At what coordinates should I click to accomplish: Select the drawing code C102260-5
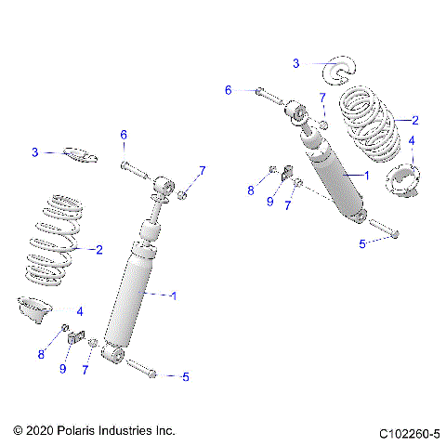(409, 433)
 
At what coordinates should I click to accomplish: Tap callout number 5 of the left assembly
(186, 376)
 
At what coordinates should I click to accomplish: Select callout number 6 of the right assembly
(228, 90)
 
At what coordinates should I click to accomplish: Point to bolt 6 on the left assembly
(132, 170)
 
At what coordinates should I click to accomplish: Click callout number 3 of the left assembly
(35, 152)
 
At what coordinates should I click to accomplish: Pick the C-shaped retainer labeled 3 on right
(340, 70)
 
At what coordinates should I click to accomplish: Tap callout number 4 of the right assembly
(413, 140)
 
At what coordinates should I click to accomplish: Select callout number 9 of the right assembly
(269, 202)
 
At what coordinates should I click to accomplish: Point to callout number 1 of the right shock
(366, 175)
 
